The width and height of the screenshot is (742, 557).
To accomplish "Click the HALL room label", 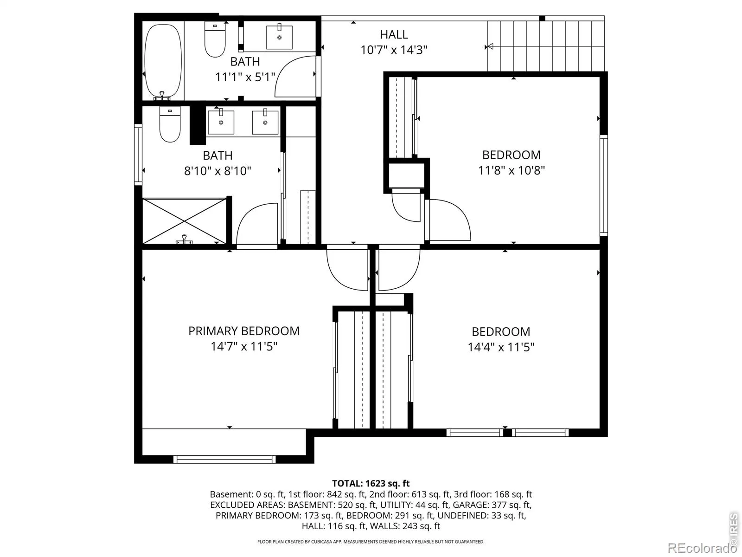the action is (393, 34).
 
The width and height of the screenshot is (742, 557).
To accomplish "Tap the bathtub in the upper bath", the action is (163, 61).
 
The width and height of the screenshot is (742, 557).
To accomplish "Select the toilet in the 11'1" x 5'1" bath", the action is (215, 39).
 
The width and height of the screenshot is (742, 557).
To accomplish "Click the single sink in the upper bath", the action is (279, 37).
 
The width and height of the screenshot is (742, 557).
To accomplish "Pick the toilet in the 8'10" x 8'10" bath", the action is (170, 124).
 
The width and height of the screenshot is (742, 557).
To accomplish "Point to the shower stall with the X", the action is (184, 221).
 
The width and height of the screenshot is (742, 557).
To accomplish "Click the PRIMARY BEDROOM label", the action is (244, 331).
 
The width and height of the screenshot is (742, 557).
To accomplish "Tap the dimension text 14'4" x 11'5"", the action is (501, 347).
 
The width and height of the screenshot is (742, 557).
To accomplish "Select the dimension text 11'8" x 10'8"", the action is (511, 170).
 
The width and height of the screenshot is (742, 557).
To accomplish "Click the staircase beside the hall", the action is (545, 46).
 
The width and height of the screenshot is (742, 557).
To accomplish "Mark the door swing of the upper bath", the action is (296, 77).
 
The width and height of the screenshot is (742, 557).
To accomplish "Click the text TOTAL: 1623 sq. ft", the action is (371, 483).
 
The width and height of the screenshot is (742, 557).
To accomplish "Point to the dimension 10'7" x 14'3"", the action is (394, 50).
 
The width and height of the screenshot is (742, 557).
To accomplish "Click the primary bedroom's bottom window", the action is (224, 459).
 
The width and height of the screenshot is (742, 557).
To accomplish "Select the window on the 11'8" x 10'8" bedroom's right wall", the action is (604, 185).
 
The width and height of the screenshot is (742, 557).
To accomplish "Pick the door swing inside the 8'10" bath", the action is (257, 224).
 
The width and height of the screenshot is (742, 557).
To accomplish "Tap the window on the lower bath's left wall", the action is (138, 155).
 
